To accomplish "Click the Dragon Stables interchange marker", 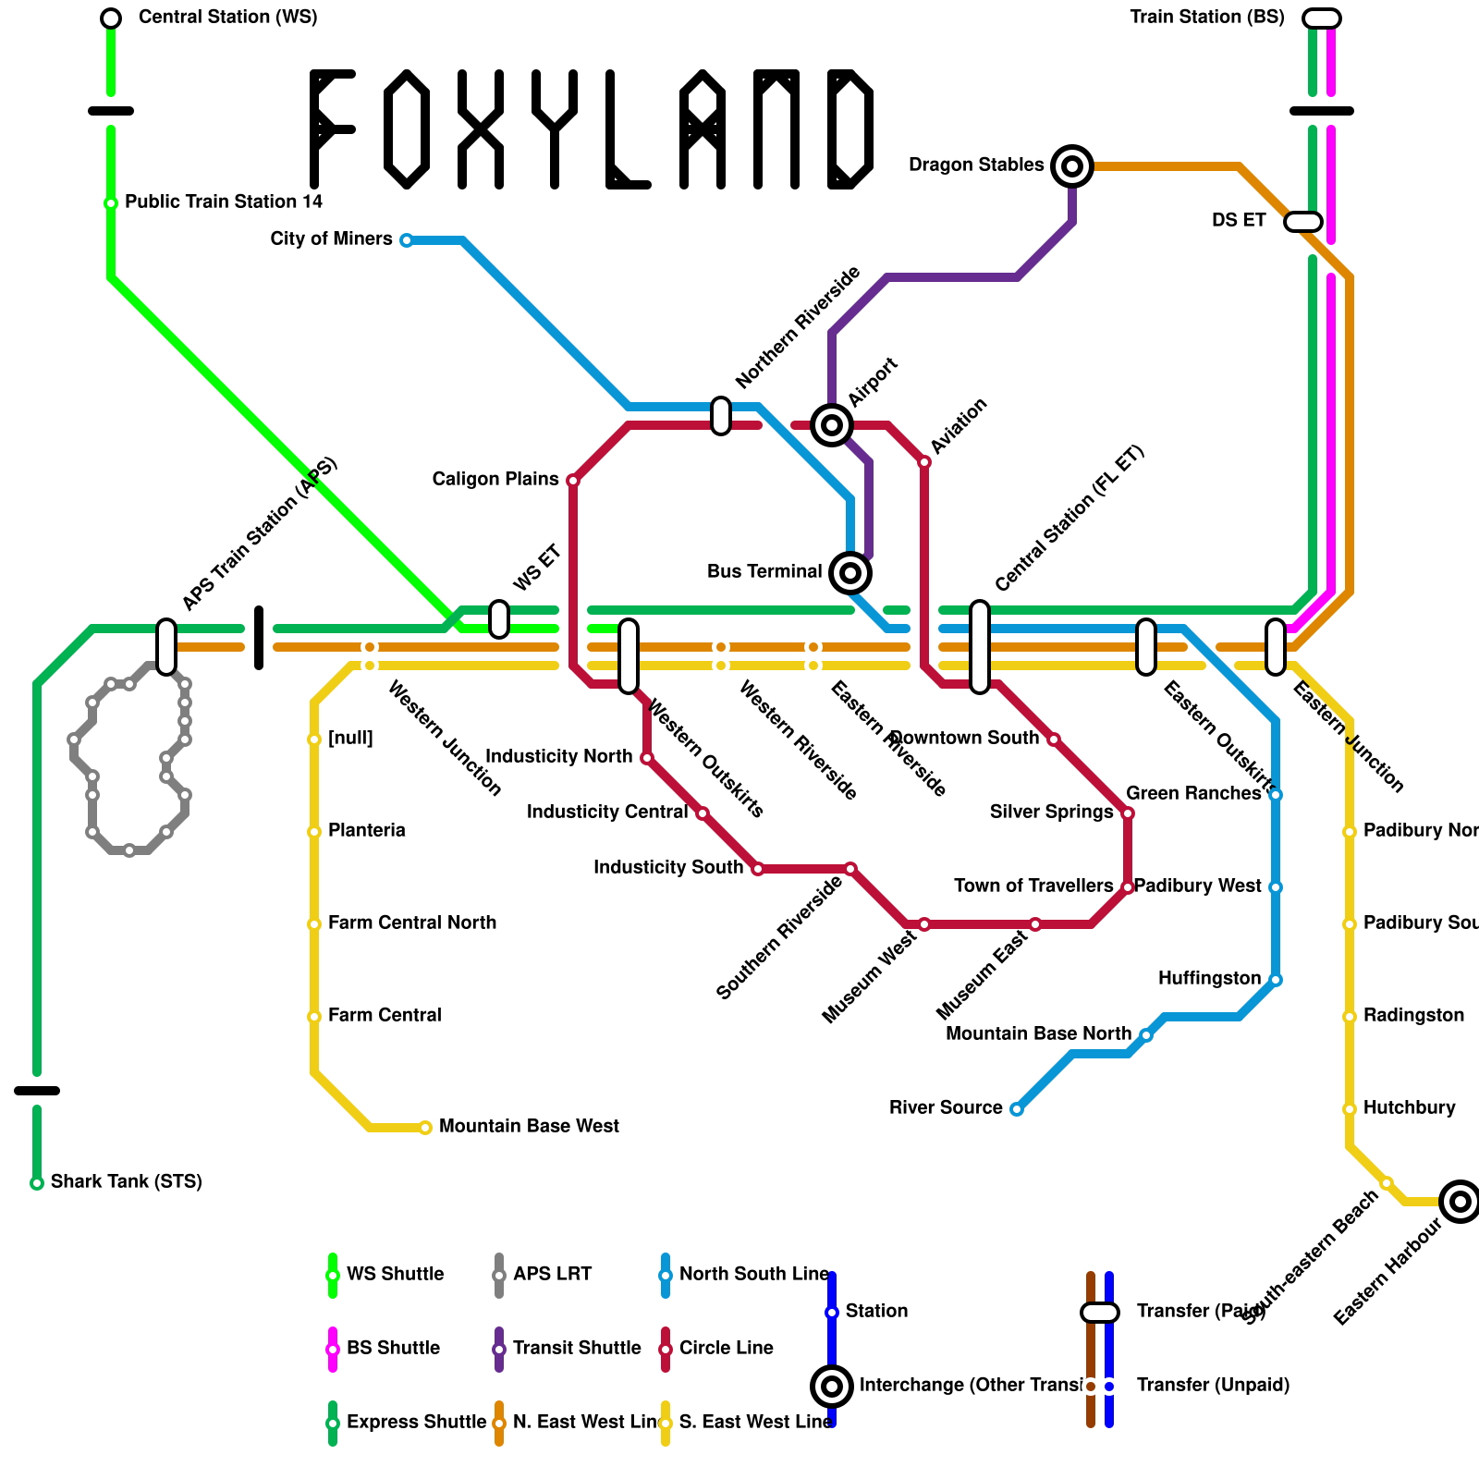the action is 1072,166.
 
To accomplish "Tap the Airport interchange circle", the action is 832,425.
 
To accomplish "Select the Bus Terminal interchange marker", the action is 850,573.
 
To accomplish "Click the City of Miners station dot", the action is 407,240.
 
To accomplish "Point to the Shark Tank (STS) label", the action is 126,1181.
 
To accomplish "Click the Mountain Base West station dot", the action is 425,1128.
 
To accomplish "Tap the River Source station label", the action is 946,1107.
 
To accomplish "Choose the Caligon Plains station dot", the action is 573,481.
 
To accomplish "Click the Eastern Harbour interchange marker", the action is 1461,1202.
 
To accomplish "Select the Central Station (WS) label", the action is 227,18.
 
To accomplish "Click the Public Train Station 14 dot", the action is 111,203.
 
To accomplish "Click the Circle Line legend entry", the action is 726,1348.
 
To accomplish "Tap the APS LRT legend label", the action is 552,1274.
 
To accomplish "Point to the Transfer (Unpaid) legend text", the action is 1213,1385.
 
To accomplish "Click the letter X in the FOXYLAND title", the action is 481,129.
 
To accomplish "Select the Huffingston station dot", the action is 1276,980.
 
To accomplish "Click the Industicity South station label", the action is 667,867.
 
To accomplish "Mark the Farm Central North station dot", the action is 314,924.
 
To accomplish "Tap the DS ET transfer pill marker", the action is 1303,222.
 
